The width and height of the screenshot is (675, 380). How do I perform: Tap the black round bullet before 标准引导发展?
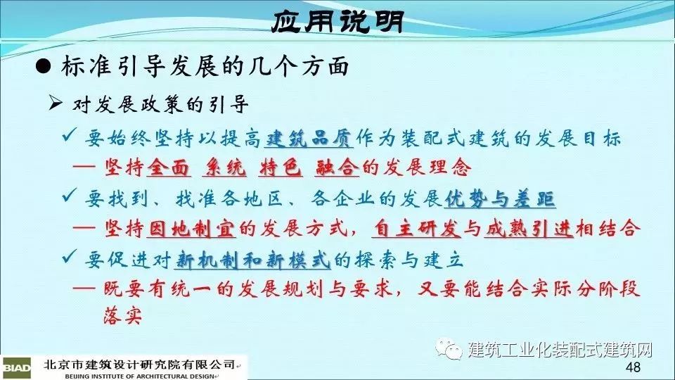(x=43, y=67)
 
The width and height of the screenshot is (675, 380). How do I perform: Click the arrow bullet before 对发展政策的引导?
(x=56, y=103)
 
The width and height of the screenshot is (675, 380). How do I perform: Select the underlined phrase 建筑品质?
(x=308, y=139)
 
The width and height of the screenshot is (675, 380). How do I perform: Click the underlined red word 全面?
(x=168, y=167)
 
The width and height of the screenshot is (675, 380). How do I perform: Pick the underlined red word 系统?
(x=224, y=167)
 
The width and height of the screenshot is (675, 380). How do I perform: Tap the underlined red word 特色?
(x=281, y=167)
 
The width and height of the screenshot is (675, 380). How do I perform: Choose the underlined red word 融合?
(x=337, y=167)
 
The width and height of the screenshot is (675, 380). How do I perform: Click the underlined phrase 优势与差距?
(x=499, y=199)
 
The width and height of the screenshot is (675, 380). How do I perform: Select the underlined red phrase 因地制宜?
(x=191, y=228)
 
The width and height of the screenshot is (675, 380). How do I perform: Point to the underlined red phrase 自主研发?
(x=416, y=228)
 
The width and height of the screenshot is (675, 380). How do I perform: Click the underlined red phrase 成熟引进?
(x=529, y=228)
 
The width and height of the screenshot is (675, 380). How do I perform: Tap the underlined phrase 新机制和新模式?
(x=252, y=260)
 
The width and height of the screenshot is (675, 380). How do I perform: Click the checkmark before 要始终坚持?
(x=70, y=135)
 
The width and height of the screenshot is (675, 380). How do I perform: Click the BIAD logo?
(x=16, y=367)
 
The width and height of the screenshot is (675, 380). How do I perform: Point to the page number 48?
(x=633, y=367)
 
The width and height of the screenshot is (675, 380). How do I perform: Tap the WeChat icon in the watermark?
(x=448, y=348)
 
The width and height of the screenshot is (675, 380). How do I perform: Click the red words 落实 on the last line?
(x=123, y=316)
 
